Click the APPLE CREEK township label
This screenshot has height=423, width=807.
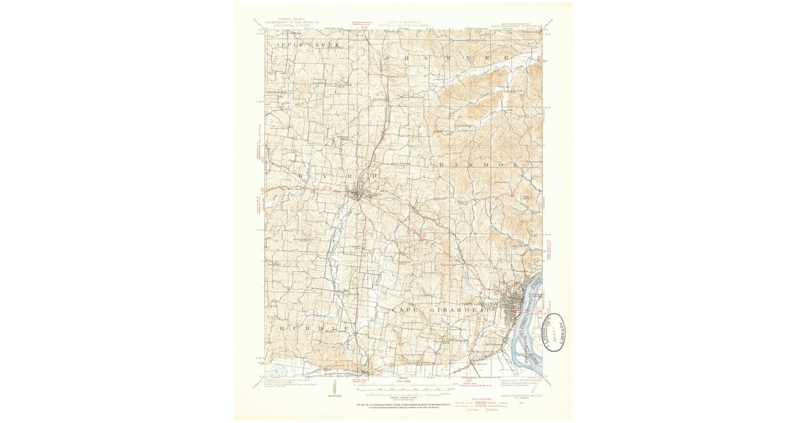point(307,44)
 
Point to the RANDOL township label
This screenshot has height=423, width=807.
point(479,164)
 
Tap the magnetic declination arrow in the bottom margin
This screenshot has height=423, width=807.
point(336,389)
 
